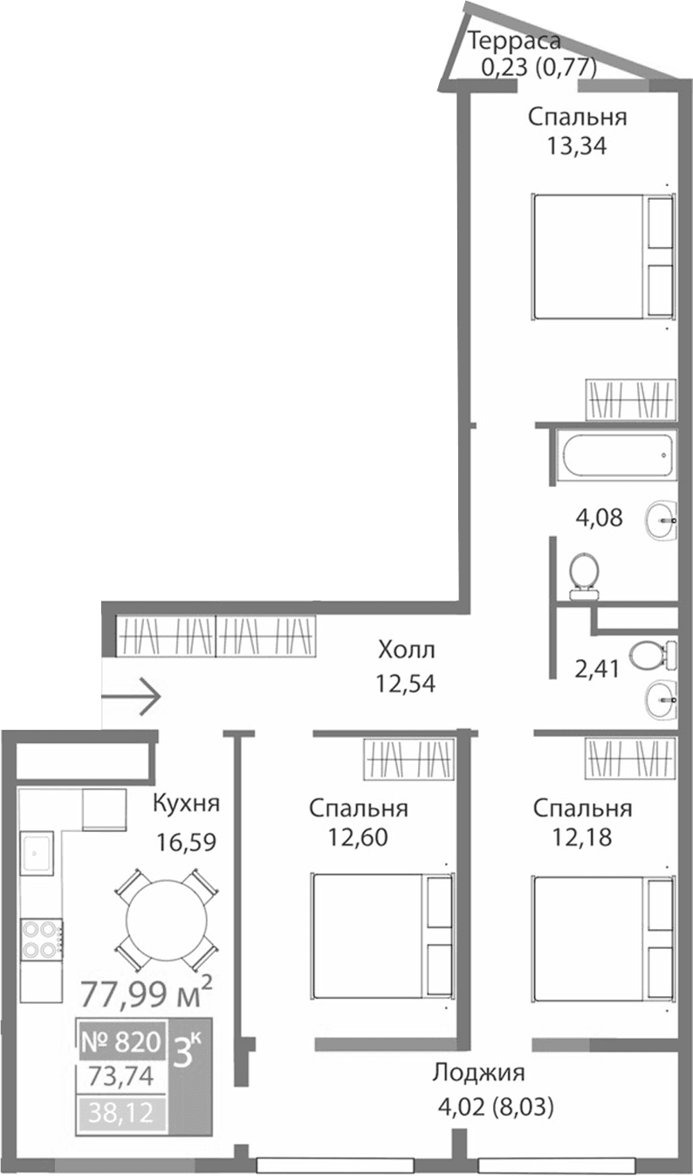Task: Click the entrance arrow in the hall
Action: [132, 696]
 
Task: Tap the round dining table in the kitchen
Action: [167, 919]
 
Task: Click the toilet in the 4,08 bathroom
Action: [583, 577]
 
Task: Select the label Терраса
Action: [514, 40]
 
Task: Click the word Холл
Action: [406, 650]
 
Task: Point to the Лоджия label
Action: [479, 1072]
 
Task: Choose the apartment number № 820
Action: [121, 1041]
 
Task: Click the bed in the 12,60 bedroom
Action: [382, 935]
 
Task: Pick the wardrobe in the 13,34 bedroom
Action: [630, 400]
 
